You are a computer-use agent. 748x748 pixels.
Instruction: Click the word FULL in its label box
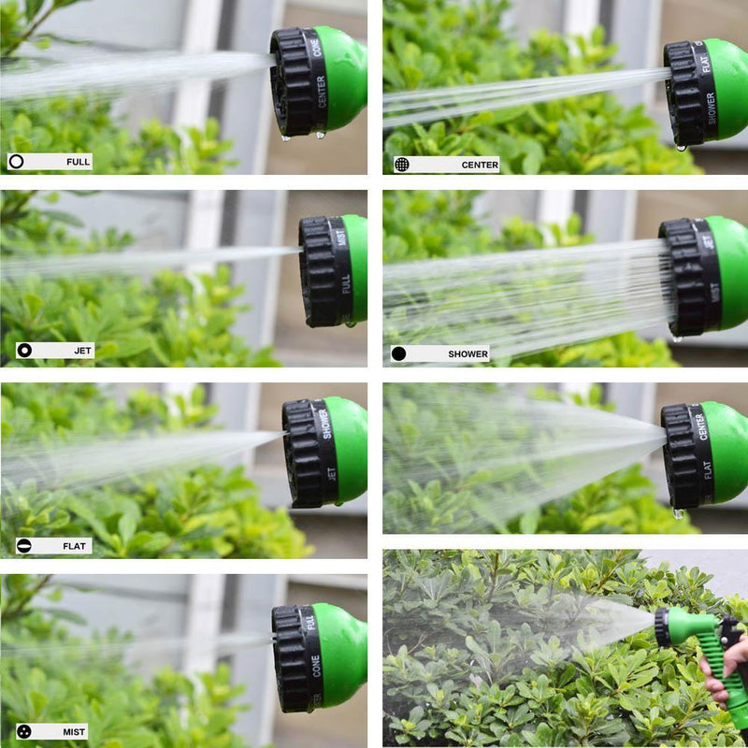click(78, 162)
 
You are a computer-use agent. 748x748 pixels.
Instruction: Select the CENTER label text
click(479, 165)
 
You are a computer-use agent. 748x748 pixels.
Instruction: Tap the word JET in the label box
click(83, 351)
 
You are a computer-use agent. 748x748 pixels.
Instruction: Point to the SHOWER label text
click(467, 354)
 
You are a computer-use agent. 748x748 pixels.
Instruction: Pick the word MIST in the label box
click(75, 731)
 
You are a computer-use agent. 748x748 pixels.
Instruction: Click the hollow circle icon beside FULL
click(16, 162)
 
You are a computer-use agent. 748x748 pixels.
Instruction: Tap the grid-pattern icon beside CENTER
click(401, 165)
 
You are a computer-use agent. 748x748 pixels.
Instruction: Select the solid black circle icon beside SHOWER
click(399, 353)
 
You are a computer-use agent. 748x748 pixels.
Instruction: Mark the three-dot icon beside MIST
click(24, 731)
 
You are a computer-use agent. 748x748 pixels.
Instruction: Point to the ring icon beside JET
click(24, 351)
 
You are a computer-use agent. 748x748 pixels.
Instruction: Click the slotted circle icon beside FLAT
click(24, 546)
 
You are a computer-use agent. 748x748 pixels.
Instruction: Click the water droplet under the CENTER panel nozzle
click(680, 147)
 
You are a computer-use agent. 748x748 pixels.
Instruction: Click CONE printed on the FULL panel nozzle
click(317, 44)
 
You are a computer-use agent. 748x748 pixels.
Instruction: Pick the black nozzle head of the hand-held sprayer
click(663, 626)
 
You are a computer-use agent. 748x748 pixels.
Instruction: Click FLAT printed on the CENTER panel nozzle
click(705, 58)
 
